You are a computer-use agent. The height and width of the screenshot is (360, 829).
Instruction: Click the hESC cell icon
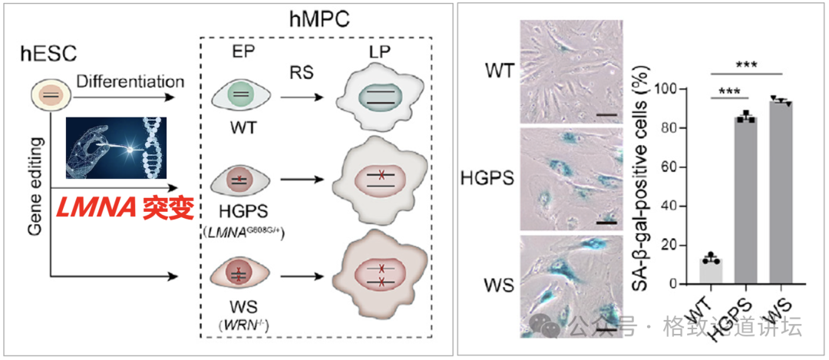[x=48, y=94]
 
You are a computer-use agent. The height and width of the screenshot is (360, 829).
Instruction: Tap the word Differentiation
[x=130, y=81]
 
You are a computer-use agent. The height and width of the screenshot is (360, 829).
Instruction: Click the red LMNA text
[x=95, y=206]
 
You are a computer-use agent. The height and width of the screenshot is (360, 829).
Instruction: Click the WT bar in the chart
[x=711, y=270]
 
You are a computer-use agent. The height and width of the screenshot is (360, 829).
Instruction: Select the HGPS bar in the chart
[x=744, y=200]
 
